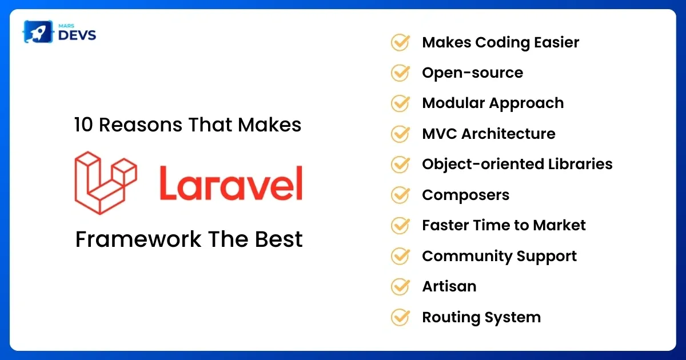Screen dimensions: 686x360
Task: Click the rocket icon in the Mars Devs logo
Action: pyautogui.click(x=38, y=31)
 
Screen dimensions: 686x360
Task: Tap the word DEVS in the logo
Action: pyautogui.click(x=77, y=35)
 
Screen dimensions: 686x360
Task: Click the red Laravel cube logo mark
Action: pyautogui.click(x=106, y=183)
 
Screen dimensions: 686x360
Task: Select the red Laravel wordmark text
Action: pyautogui.click(x=231, y=183)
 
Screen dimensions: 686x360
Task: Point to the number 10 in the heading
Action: pyautogui.click(x=83, y=125)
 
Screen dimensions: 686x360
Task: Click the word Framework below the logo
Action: pyautogui.click(x=138, y=239)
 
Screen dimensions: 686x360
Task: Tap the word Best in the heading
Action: pyautogui.click(x=279, y=239)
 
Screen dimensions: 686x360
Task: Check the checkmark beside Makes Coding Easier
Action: pyautogui.click(x=400, y=42)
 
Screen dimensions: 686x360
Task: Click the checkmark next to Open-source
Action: pyautogui.click(x=400, y=73)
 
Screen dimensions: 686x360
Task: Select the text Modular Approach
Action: pyautogui.click(x=493, y=103)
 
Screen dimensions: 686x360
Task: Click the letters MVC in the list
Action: pyautogui.click(x=440, y=134)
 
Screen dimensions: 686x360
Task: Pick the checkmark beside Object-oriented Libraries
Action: pyautogui.click(x=400, y=165)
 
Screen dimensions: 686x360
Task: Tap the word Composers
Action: pyautogui.click(x=465, y=195)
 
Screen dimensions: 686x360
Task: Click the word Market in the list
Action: pyautogui.click(x=559, y=225)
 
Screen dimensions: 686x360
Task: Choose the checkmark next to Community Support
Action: pyautogui.click(x=400, y=256)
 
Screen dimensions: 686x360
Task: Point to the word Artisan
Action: pyautogui.click(x=449, y=286)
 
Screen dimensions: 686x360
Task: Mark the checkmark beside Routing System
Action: pyautogui.click(x=400, y=317)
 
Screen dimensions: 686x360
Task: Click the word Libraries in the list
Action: pyautogui.click(x=580, y=164)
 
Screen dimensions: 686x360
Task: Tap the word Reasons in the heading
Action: pyautogui.click(x=141, y=125)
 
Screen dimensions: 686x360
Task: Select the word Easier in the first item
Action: pyautogui.click(x=556, y=42)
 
